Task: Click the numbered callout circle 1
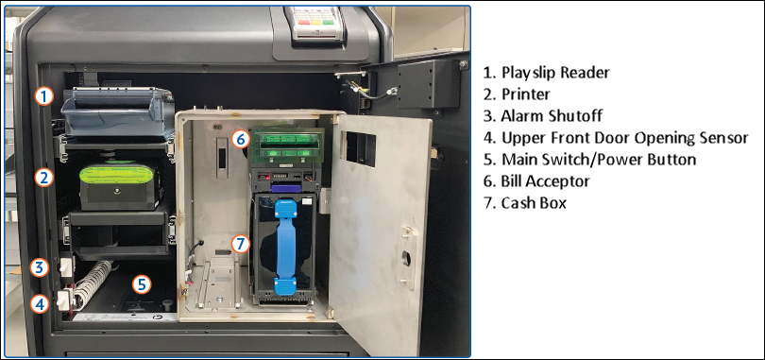(42, 95)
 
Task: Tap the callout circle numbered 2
(42, 177)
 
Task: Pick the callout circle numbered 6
(241, 139)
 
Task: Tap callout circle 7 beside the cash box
(241, 243)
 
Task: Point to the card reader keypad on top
(316, 21)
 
